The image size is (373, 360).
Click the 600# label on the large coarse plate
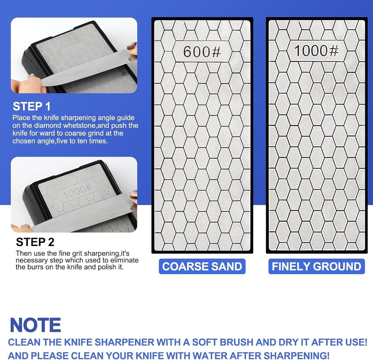tap(202, 51)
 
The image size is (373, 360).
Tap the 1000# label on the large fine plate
tap(316, 50)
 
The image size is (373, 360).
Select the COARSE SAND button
tap(202, 266)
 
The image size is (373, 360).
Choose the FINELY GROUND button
tap(316, 266)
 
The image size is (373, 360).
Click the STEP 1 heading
tap(32, 107)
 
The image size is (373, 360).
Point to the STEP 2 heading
tap(35, 242)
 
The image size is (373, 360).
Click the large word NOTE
tap(35, 325)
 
